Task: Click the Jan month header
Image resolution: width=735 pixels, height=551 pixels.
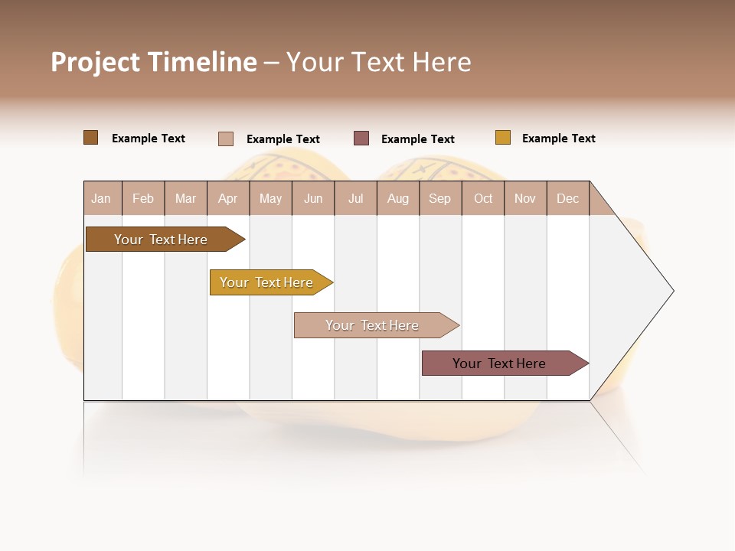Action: tap(102, 198)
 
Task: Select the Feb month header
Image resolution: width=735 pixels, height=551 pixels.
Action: tap(143, 198)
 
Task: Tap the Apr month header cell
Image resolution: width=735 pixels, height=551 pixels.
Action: tap(228, 198)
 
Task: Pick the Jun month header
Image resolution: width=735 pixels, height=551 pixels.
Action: tap(313, 198)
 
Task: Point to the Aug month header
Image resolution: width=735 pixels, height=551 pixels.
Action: tap(398, 198)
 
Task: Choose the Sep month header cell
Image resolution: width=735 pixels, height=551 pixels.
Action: tap(440, 198)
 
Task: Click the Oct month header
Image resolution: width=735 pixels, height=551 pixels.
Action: tap(483, 198)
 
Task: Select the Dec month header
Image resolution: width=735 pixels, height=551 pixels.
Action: tap(568, 198)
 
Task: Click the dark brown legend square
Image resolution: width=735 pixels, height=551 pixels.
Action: tap(91, 138)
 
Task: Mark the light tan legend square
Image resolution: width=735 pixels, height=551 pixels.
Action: tap(226, 139)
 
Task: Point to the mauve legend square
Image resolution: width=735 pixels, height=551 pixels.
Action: tap(361, 139)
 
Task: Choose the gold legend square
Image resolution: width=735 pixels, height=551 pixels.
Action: tap(503, 138)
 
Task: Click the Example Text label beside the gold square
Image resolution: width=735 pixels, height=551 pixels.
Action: tap(558, 139)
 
